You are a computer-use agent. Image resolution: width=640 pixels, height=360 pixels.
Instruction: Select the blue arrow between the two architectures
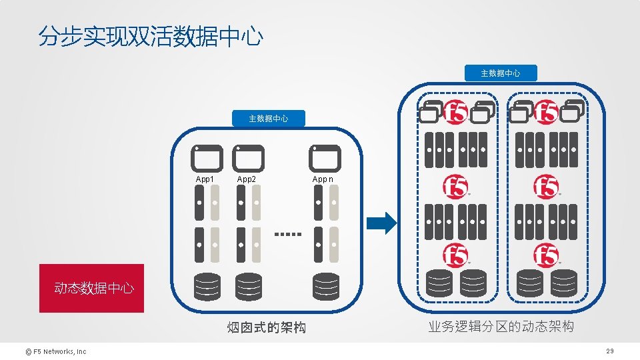[x=382, y=223]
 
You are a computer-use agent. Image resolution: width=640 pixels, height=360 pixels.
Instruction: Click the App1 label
[x=205, y=179]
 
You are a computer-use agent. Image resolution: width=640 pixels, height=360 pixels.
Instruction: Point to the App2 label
[x=247, y=179]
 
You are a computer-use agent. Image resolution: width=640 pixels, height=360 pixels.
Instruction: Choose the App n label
[x=323, y=179]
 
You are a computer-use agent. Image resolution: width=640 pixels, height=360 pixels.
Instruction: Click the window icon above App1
[x=206, y=158]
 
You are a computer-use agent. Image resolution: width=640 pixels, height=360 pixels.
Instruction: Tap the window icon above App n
[x=325, y=158]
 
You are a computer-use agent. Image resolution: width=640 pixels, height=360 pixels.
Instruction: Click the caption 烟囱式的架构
[x=266, y=327]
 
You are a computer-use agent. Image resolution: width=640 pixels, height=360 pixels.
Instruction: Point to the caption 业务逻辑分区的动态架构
[x=501, y=327]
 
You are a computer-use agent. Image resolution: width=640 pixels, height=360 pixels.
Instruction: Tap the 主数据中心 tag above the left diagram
[x=269, y=119]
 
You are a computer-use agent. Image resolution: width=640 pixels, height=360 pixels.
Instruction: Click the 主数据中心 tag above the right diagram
[x=501, y=73]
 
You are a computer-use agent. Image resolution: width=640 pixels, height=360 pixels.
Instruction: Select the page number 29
[x=609, y=351]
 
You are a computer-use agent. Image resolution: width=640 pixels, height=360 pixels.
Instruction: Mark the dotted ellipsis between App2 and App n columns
[x=289, y=235]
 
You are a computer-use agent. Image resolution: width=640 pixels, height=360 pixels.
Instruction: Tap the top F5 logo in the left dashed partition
[x=457, y=112]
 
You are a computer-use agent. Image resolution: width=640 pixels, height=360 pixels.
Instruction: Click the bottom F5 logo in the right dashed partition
[x=547, y=255]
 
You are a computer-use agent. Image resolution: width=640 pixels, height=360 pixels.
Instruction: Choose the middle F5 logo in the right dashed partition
[x=547, y=187]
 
